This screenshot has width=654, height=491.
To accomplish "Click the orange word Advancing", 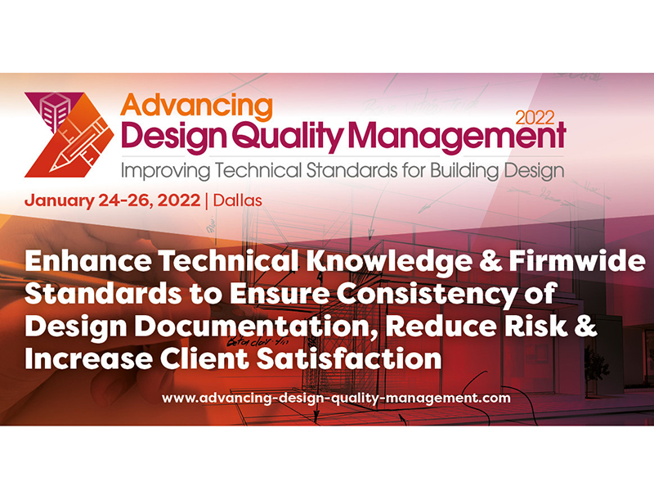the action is point(196,106).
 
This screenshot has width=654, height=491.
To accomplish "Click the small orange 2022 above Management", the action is point(535,118).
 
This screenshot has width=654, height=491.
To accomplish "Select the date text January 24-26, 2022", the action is point(113,200).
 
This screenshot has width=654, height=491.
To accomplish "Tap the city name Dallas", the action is point(238,200).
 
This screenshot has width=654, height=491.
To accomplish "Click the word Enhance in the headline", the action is point(88,261).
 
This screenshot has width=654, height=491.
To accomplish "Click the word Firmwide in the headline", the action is point(577,261).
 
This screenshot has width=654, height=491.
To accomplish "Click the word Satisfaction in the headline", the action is point(349,359).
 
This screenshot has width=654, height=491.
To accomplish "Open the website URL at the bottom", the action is point(336,398).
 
